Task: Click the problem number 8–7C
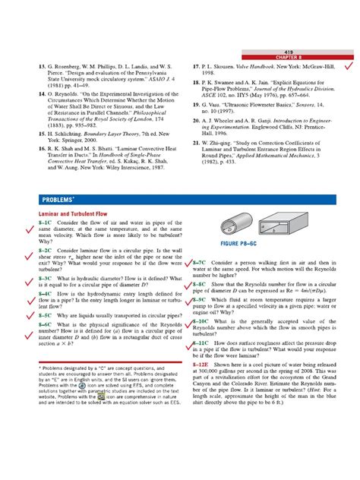[x=203, y=261]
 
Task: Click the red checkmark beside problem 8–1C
[x=30, y=226]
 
